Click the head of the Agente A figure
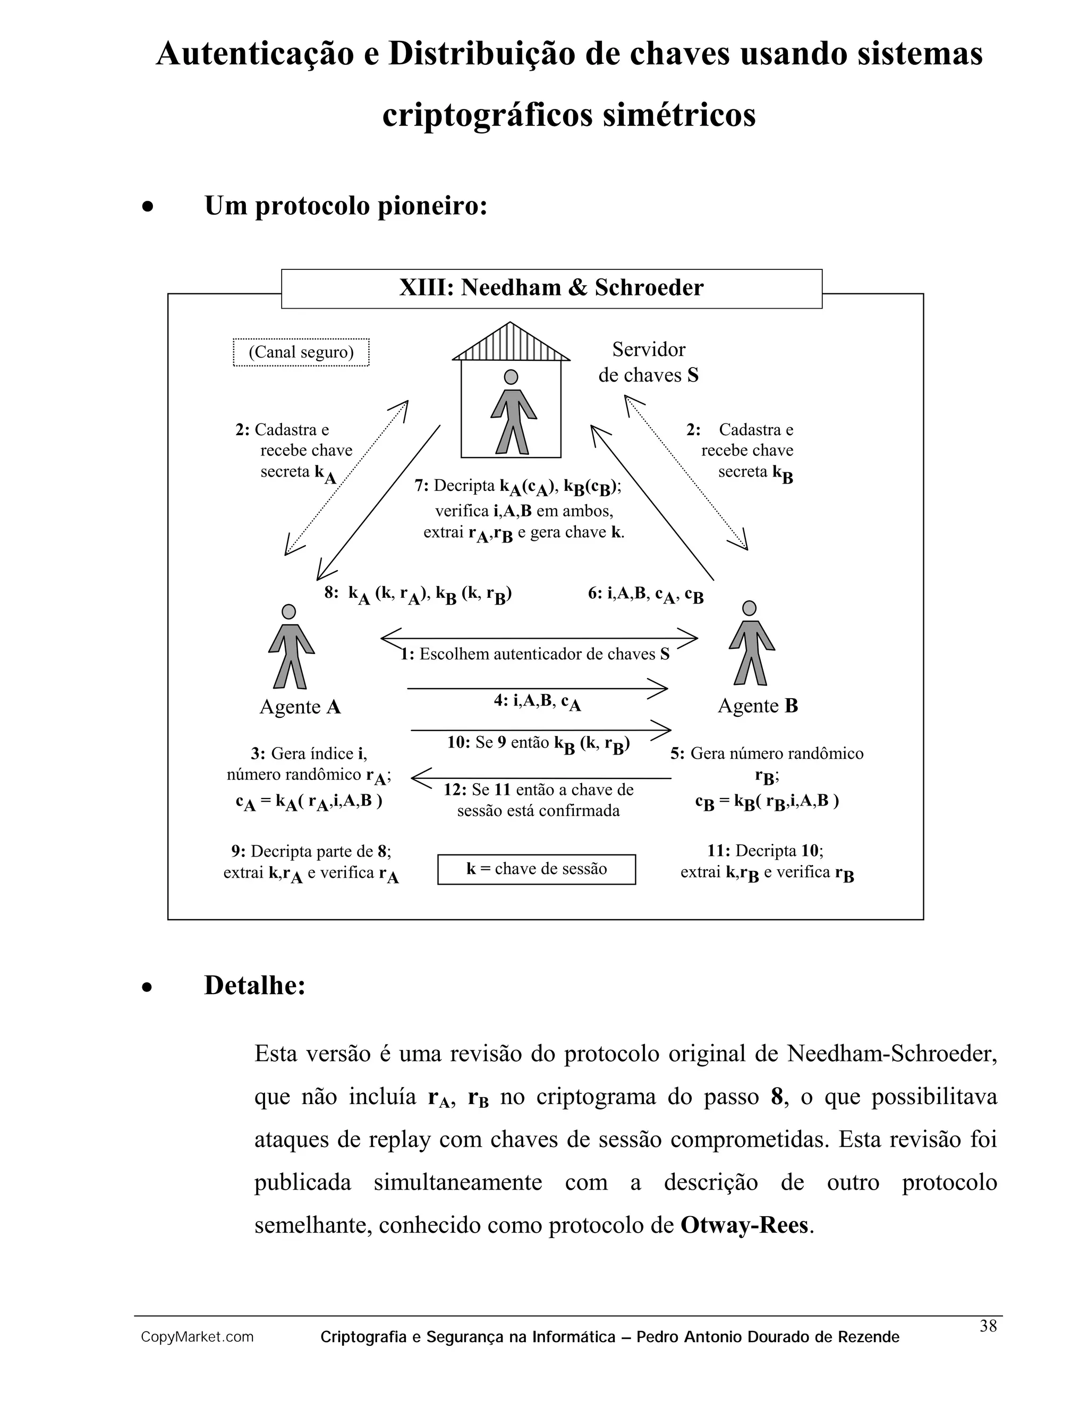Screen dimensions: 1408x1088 [x=290, y=611]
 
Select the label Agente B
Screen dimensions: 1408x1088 [x=758, y=706]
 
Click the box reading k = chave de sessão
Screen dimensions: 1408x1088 [x=536, y=869]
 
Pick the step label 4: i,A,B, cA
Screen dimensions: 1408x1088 [x=538, y=701]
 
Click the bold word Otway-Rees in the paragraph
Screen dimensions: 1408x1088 [x=744, y=1225]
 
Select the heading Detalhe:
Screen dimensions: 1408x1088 [x=254, y=985]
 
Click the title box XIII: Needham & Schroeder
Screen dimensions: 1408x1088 [x=551, y=287]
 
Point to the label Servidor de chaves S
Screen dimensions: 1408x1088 [x=649, y=362]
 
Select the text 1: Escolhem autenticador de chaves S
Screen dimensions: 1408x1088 [x=535, y=655]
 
